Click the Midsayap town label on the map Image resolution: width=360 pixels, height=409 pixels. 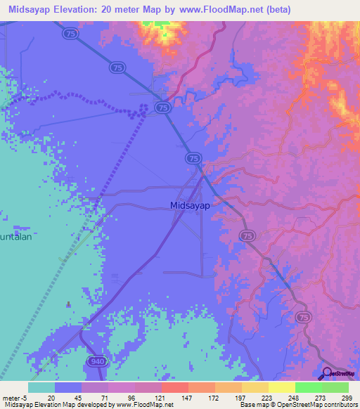point(188,205)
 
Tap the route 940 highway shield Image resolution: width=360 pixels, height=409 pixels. point(96,361)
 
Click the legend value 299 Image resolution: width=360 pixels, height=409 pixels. point(347,397)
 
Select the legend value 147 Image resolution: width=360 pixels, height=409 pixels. point(186,397)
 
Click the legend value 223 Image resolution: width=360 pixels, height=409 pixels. point(266,397)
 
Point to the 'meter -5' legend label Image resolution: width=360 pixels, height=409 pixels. point(14,397)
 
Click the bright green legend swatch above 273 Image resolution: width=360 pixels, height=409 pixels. point(308,387)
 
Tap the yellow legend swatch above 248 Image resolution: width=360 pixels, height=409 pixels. point(281,387)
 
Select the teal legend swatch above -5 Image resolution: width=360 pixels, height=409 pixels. point(41,387)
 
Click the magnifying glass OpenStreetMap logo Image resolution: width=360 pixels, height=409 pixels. point(327,373)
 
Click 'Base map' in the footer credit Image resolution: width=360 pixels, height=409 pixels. point(255,405)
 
